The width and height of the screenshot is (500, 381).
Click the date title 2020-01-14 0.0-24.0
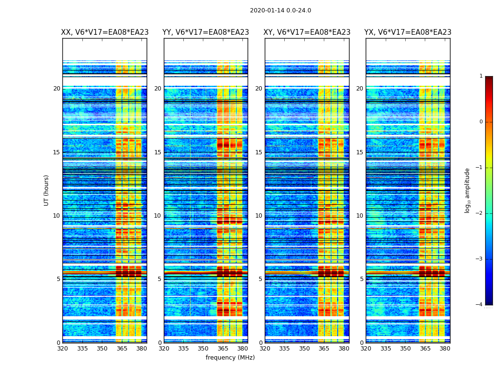tap(280, 10)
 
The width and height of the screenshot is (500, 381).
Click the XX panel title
tap(105, 32)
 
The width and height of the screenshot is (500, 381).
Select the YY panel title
tap(206, 32)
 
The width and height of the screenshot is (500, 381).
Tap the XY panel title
tap(307, 32)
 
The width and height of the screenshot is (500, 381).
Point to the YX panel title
tap(408, 32)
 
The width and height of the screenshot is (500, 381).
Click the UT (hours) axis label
tap(47, 190)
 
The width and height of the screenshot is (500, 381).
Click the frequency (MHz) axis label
tap(230, 358)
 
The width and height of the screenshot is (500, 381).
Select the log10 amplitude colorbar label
tap(468, 190)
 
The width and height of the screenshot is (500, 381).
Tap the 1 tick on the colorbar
tap(481, 76)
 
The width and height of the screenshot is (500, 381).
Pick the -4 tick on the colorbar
tap(480, 305)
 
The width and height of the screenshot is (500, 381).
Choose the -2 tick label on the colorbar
tap(480, 213)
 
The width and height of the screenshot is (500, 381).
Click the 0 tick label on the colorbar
tap(481, 122)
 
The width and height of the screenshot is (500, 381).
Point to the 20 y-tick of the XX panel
tap(57, 89)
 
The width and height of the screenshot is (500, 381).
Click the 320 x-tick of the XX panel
tap(62, 349)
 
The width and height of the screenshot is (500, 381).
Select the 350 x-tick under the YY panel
tap(203, 349)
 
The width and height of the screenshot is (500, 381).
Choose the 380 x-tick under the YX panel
tap(445, 349)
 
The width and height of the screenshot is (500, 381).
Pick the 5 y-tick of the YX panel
tap(361, 279)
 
